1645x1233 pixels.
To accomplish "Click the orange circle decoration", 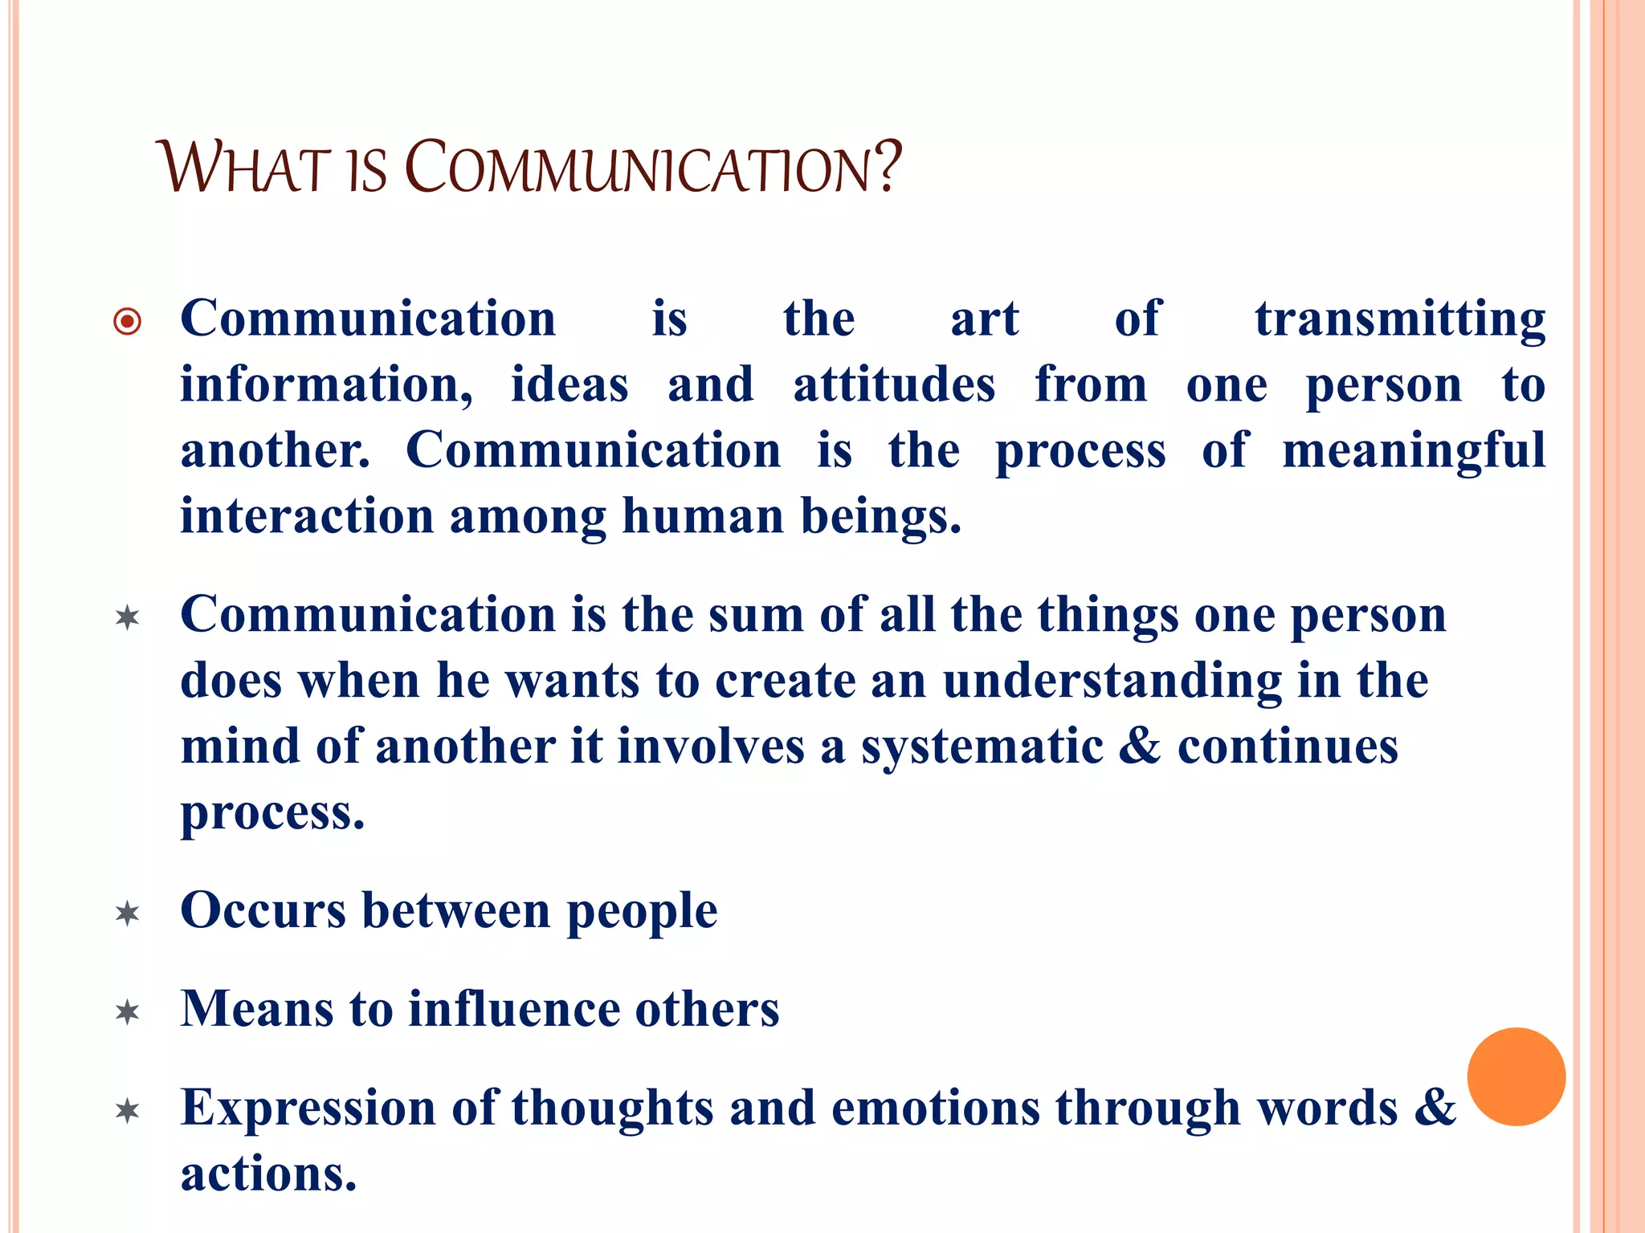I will pyautogui.click(x=1516, y=1076).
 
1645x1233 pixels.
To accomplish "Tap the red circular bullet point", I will pyautogui.click(x=128, y=322).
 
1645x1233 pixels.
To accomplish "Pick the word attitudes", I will pyautogui.click(x=894, y=385).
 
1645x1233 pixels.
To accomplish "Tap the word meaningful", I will pyautogui.click(x=1413, y=451).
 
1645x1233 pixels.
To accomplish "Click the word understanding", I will pyautogui.click(x=1112, y=682).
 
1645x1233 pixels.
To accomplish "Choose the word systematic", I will pyautogui.click(x=982, y=747).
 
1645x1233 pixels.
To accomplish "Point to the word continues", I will pyautogui.click(x=1288, y=747).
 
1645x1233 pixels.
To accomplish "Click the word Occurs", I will pyautogui.click(x=263, y=911).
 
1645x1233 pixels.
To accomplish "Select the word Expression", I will pyautogui.click(x=308, y=1109).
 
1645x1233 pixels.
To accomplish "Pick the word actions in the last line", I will pyautogui.click(x=268, y=1174).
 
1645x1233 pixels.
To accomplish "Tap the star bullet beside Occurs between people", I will pyautogui.click(x=128, y=914).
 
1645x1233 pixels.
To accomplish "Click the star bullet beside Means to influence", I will pyautogui.click(x=128, y=1011).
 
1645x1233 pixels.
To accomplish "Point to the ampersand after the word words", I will pyautogui.click(x=1435, y=1107).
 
